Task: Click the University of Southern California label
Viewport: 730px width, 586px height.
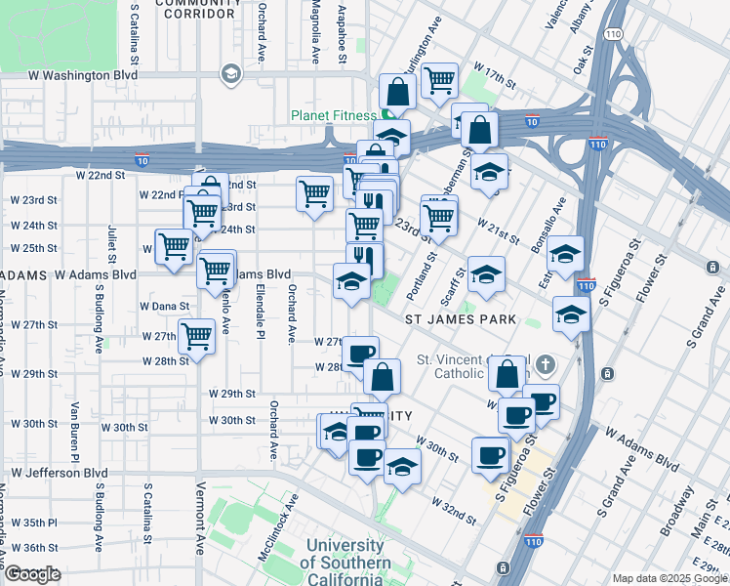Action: tap(345, 563)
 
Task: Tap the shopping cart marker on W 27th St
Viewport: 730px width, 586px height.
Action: tap(197, 337)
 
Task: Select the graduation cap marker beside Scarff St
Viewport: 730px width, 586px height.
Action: tap(485, 274)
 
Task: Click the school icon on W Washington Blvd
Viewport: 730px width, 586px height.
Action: tap(230, 74)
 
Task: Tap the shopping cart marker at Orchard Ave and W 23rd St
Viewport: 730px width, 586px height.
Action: tap(314, 192)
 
